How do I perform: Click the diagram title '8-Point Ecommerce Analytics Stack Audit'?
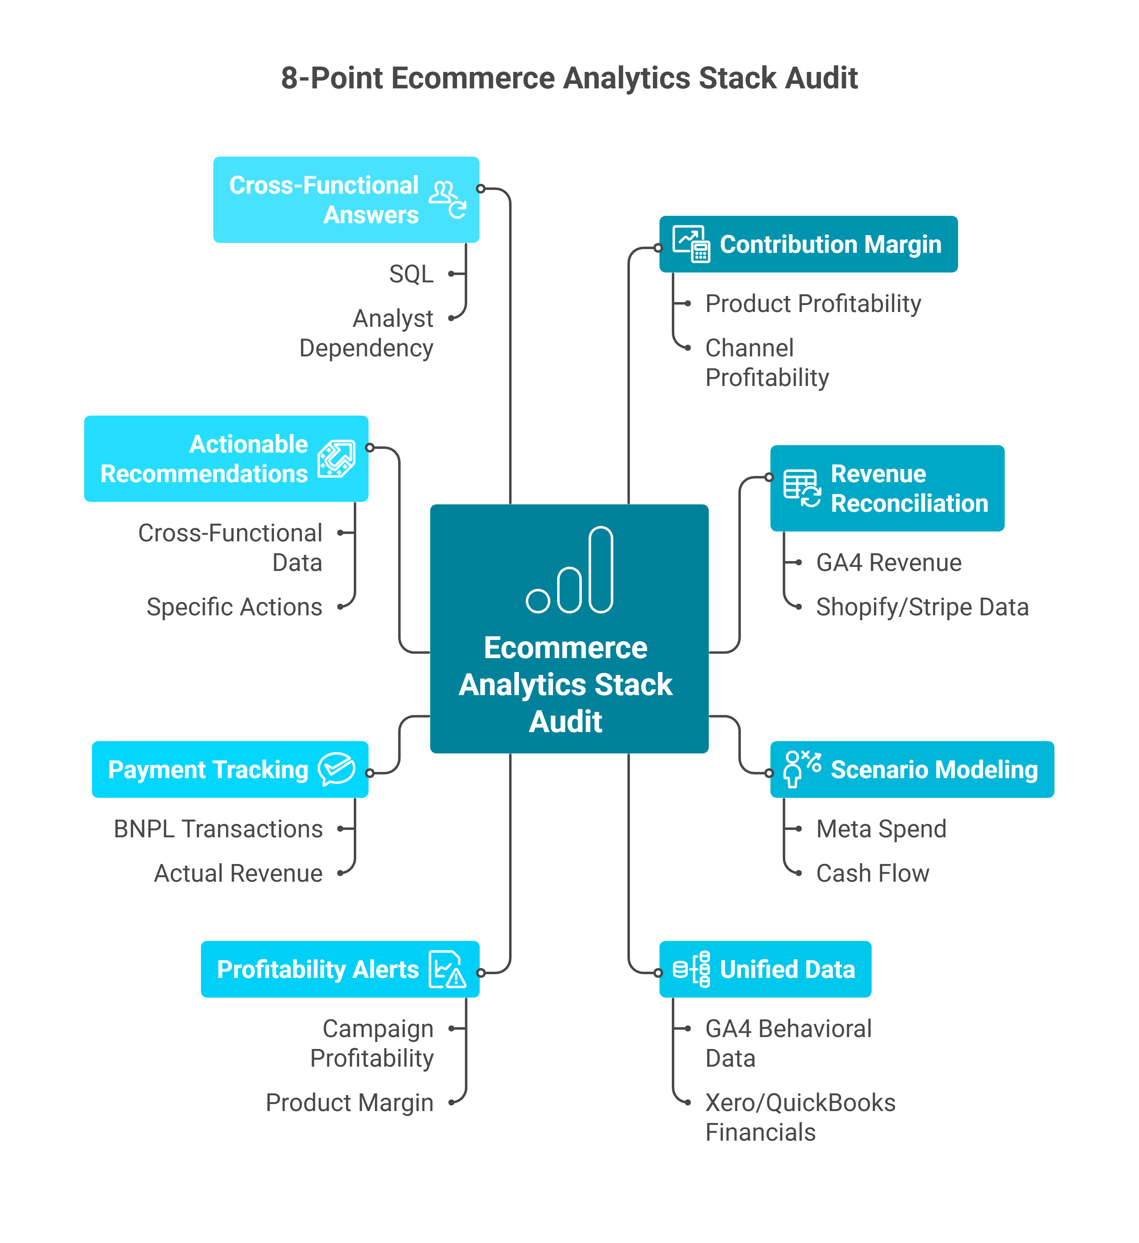click(x=569, y=78)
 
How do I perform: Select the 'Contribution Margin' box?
click(x=808, y=244)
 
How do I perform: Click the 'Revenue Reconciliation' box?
click(x=887, y=488)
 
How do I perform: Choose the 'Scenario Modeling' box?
click(x=911, y=769)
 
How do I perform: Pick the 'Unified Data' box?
click(x=765, y=969)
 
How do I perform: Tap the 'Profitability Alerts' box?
click(x=339, y=969)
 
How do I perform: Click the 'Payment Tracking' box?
click(x=230, y=769)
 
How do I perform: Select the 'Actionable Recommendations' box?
click(x=226, y=459)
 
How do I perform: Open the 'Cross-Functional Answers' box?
click(x=346, y=200)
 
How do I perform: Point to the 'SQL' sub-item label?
click(x=411, y=274)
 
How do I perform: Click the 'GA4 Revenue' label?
click(x=889, y=562)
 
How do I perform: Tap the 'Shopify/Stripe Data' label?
click(x=922, y=607)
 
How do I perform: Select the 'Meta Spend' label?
click(x=881, y=829)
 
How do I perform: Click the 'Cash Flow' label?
click(x=872, y=873)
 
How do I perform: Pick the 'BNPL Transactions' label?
click(x=218, y=829)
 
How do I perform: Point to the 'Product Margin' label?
click(x=349, y=1102)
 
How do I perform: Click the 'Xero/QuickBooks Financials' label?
click(x=800, y=1117)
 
